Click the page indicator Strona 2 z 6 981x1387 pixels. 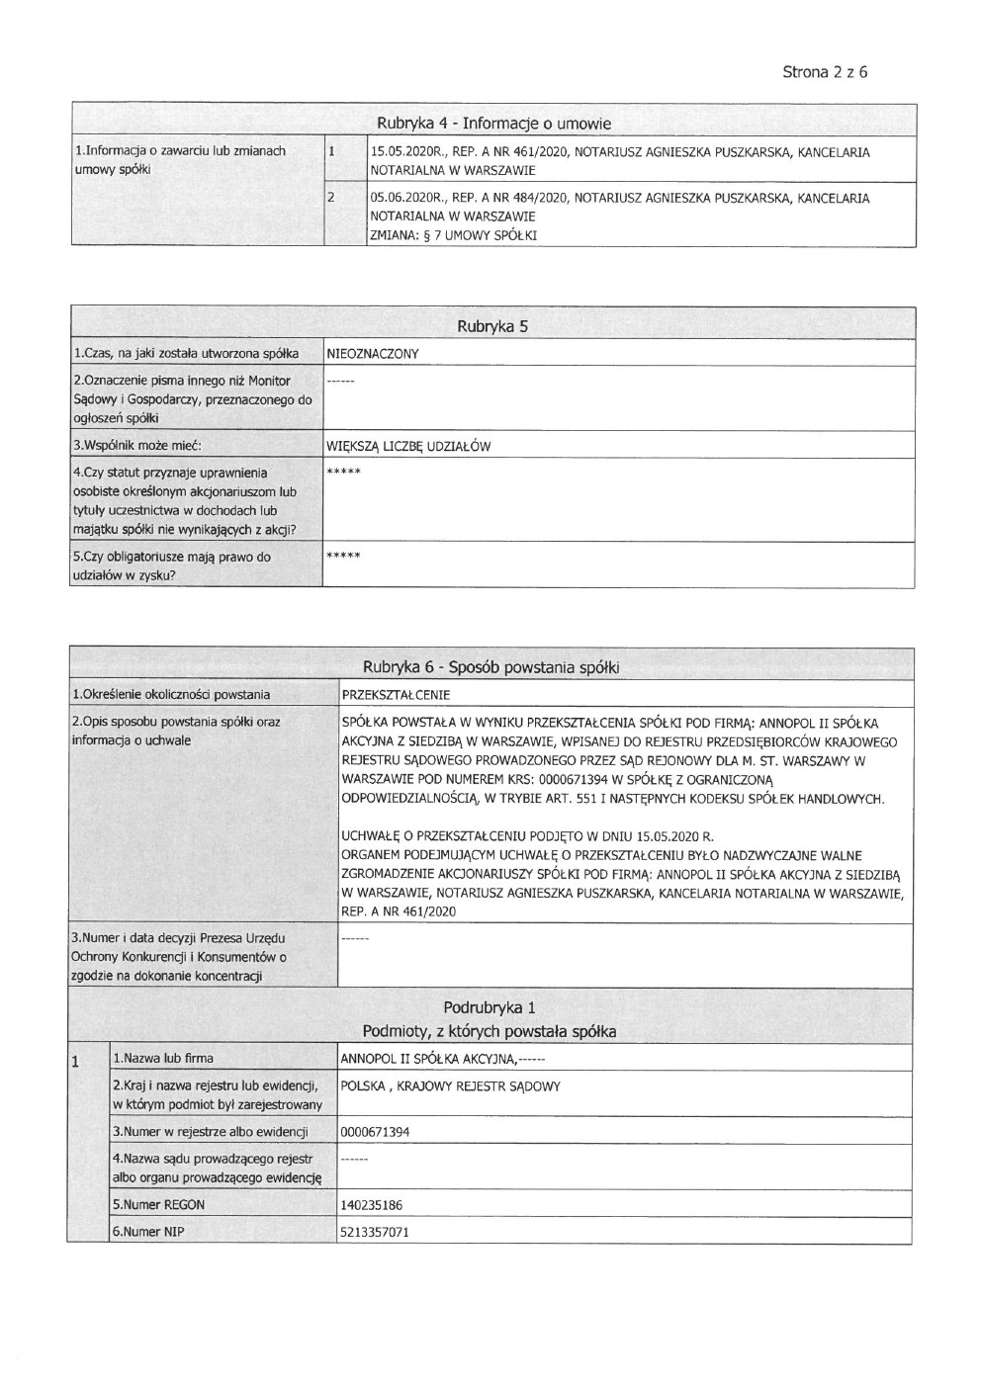tap(825, 72)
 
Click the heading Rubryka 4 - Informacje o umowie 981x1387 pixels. tap(493, 124)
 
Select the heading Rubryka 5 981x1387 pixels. tap(491, 327)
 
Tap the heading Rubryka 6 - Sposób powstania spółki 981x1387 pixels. tap(490, 667)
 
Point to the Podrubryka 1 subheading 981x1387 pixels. tap(489, 1008)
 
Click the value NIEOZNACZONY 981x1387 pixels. tap(373, 354)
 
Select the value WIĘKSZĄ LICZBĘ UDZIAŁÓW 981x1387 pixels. tap(408, 446)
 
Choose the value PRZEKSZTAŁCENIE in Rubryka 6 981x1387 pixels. tap(395, 695)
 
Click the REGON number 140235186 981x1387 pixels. tap(371, 1206)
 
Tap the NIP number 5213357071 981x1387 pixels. tap(374, 1233)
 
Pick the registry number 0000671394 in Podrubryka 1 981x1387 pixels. tap(374, 1133)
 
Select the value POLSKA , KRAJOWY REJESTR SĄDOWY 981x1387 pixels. tap(450, 1086)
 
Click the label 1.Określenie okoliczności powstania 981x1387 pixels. tap(170, 695)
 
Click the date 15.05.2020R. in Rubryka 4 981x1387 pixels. tap(401, 152)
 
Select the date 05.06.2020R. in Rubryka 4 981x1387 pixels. tap(401, 199)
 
